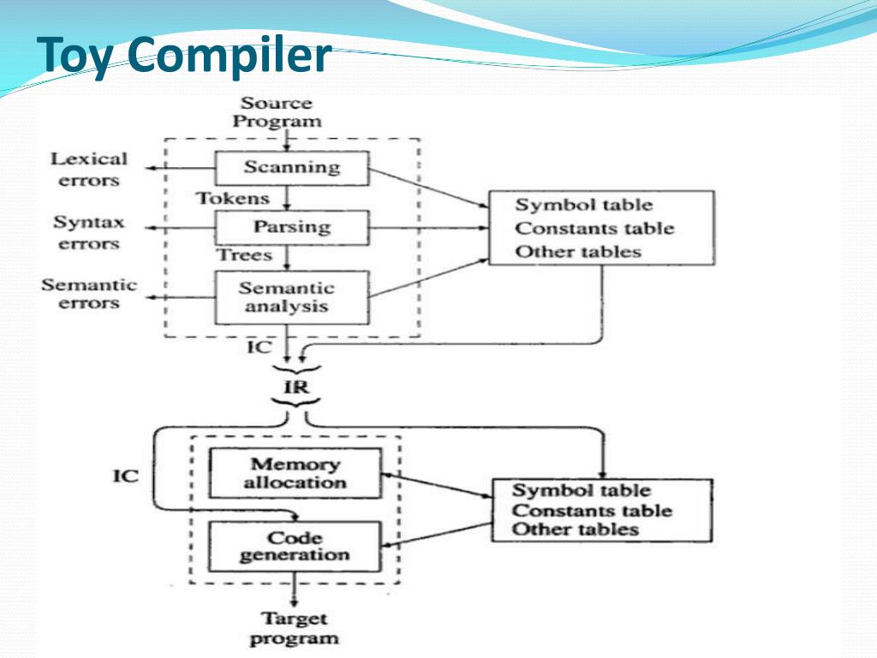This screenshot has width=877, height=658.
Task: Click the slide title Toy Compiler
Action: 185,55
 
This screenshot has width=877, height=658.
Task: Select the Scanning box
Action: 291,168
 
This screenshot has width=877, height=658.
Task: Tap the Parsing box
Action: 291,228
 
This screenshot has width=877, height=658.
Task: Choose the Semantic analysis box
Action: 291,297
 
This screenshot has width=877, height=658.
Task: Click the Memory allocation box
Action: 295,473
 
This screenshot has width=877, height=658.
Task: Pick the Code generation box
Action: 295,547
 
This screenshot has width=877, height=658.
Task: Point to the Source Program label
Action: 277,112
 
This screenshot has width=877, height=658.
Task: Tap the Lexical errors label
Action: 88,169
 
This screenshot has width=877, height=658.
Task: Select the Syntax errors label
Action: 88,232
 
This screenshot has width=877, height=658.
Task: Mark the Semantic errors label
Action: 88,293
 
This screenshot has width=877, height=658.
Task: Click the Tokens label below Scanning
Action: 233,199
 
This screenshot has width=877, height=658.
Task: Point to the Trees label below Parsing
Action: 244,255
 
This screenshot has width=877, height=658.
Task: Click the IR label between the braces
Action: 297,387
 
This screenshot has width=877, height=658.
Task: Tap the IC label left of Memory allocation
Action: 126,475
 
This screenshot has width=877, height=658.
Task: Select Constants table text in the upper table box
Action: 594,229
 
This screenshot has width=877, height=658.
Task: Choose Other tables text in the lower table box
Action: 576,529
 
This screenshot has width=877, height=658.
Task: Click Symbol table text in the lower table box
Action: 581,491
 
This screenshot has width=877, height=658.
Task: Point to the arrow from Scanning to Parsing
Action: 289,198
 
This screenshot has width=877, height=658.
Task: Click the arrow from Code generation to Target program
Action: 295,589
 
